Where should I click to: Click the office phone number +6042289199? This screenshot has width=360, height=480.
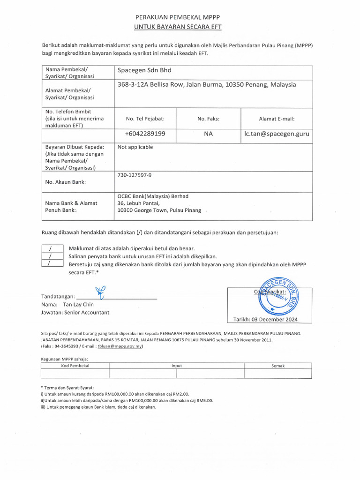tap(145, 134)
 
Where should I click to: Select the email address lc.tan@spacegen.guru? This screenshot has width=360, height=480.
tap(277, 134)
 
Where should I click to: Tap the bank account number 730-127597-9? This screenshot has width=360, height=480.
tap(135, 175)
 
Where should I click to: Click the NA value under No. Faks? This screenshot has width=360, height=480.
tap(209, 134)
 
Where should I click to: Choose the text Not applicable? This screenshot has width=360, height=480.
tap(135, 147)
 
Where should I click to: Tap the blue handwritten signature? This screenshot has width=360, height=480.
tap(100, 292)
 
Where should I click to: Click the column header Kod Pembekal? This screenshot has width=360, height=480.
tap(75, 365)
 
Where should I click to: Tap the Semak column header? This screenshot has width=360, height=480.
tap(277, 365)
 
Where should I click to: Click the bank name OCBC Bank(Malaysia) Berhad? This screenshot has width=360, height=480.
tap(153, 196)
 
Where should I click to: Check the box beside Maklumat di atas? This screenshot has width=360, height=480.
tap(50, 248)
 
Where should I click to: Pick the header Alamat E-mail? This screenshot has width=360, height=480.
tap(277, 119)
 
